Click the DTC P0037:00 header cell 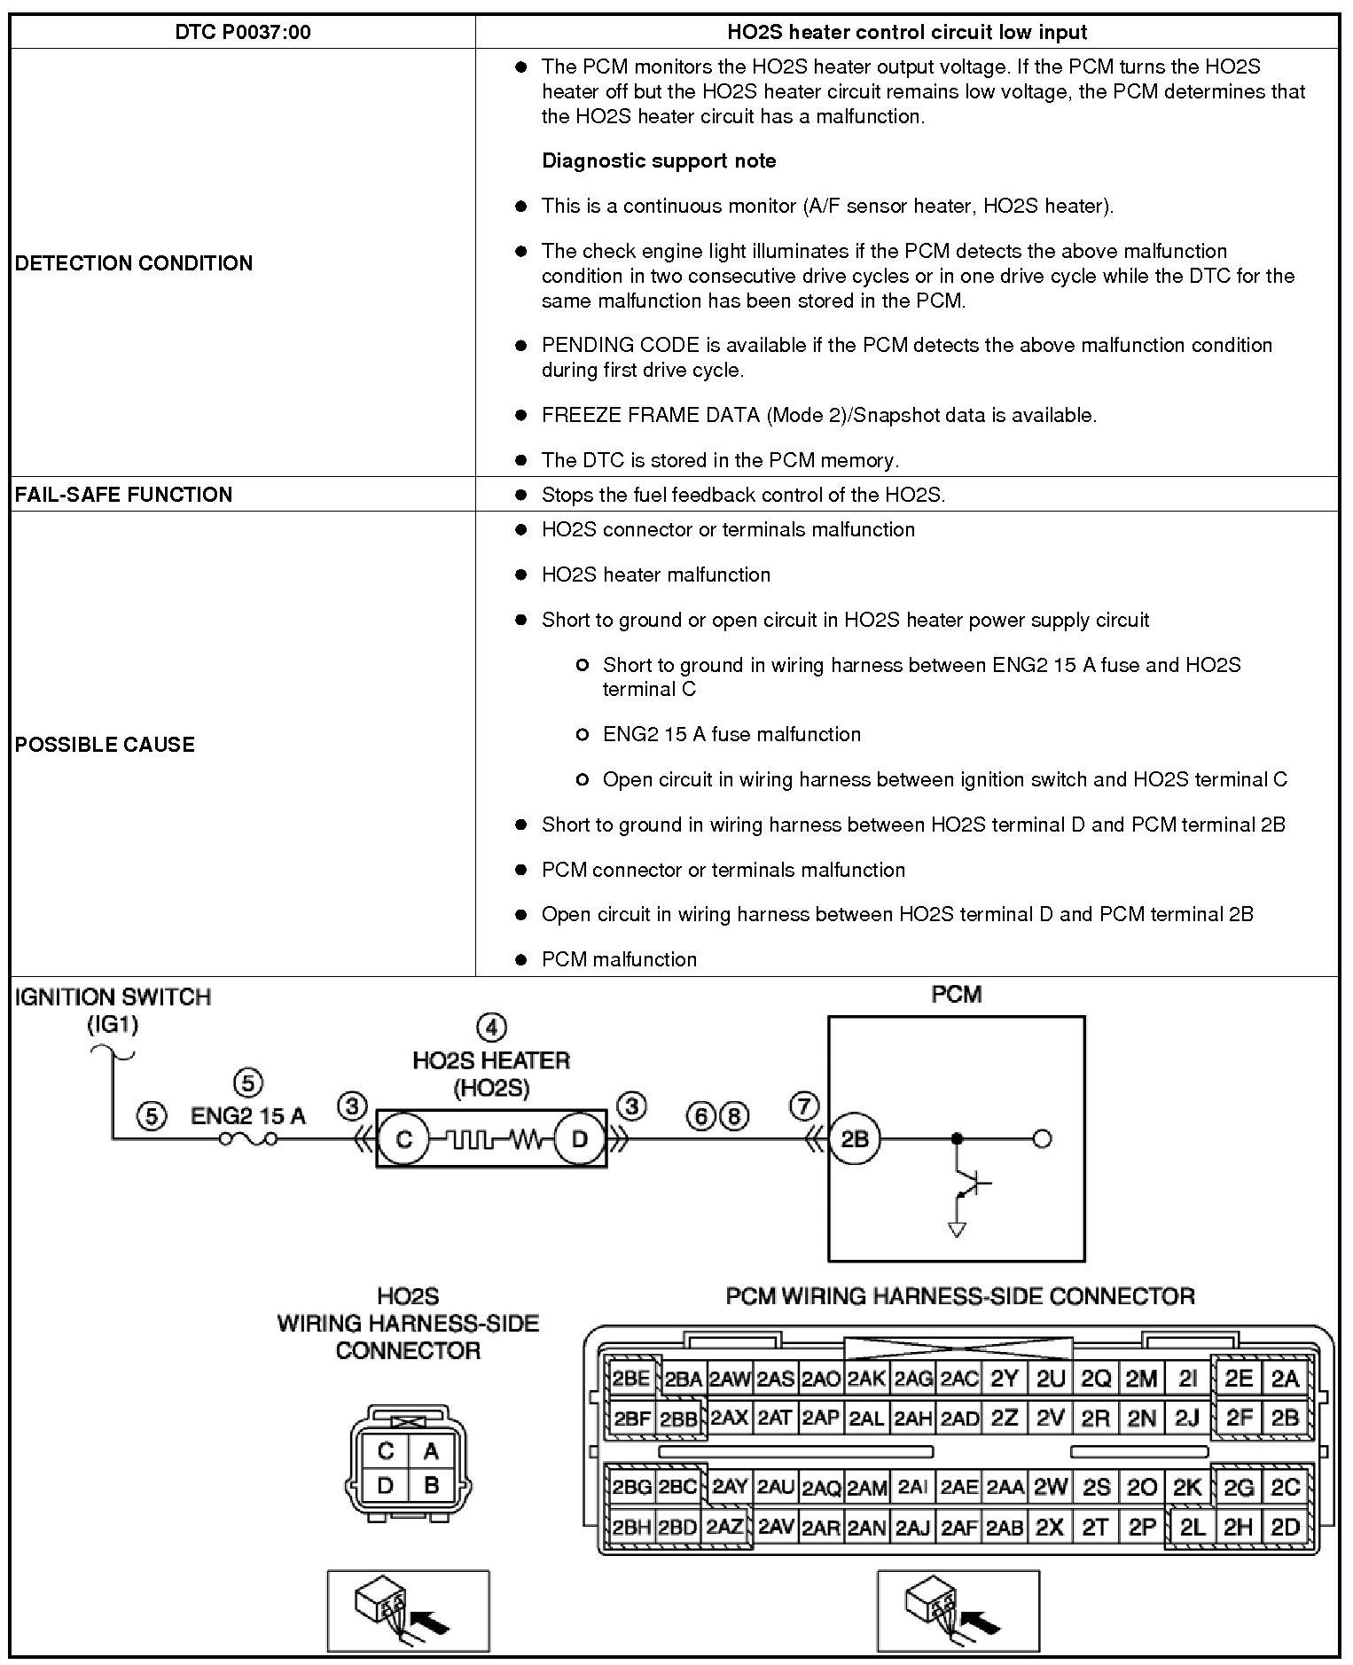pos(242,33)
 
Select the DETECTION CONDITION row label pos(134,263)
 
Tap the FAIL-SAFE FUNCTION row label pos(123,495)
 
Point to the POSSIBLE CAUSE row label pos(105,744)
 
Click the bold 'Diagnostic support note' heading pos(659,160)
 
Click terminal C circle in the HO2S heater pos(403,1138)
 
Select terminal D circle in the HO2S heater pos(580,1138)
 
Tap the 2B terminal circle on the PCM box pos(854,1138)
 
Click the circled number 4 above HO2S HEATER pos(491,1028)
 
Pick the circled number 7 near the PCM pos(804,1106)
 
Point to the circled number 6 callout pos(700,1116)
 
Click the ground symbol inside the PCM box pos(957,1229)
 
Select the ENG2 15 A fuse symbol pos(248,1139)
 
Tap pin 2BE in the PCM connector pos(631,1379)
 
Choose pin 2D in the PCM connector pos(1285,1527)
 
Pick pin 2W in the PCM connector pos(1050,1487)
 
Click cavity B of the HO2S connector pos(431,1485)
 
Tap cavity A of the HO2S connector pos(431,1451)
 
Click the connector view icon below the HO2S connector pos(408,1610)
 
